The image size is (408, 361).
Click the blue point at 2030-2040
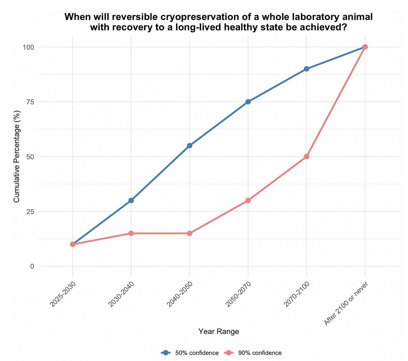click(131, 200)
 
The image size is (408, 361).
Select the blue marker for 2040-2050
click(189, 146)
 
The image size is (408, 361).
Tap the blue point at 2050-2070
click(248, 102)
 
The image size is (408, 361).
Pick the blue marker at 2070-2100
click(306, 69)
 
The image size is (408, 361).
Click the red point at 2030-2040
click(131, 233)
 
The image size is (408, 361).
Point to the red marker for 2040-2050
click(189, 233)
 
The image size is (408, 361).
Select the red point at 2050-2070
click(248, 200)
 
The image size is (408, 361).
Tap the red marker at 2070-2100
click(306, 157)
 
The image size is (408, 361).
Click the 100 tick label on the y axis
click(29, 47)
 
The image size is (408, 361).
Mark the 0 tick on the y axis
click(32, 266)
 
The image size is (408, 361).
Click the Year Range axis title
click(219, 332)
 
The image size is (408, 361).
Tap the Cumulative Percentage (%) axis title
click(17, 157)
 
